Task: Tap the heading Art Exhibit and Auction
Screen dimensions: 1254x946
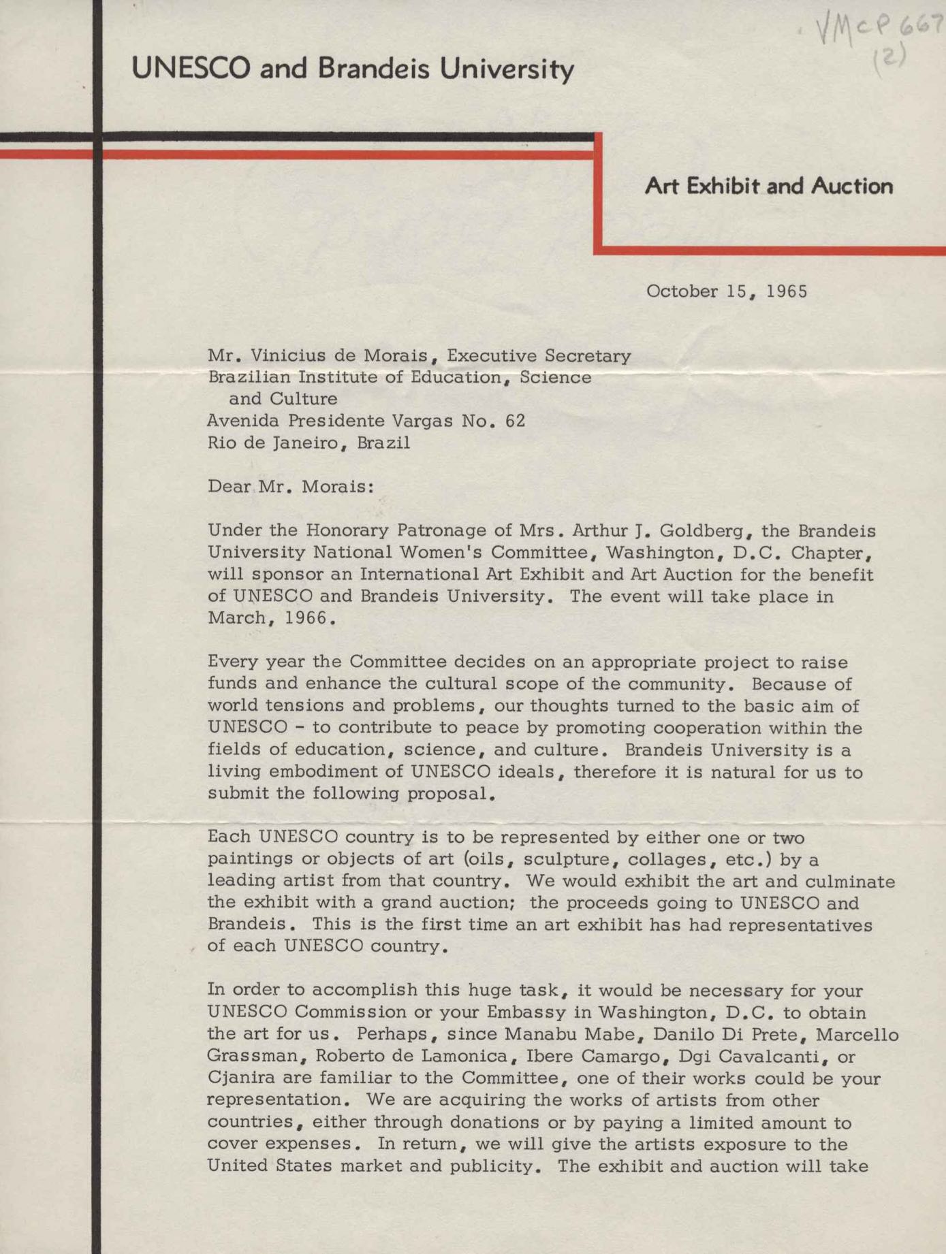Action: [768, 186]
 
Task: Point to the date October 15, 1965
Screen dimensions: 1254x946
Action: [726, 291]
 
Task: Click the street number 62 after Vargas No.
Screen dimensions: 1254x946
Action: [516, 421]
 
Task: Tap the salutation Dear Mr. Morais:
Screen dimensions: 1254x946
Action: [291, 487]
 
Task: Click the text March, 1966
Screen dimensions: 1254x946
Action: [271, 618]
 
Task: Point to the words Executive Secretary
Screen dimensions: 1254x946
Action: [538, 355]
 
